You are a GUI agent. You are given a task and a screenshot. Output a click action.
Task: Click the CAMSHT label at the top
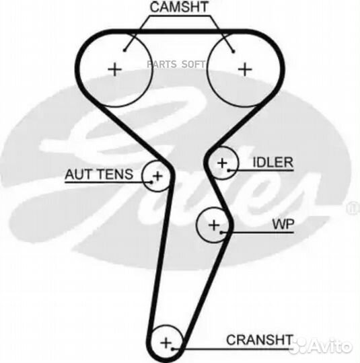pos(179,7)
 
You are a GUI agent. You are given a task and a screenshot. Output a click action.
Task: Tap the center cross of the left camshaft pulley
pos(115,69)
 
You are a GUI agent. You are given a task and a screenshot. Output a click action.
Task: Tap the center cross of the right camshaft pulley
pos(245,69)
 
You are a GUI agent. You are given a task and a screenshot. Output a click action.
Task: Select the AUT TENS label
pos(99,174)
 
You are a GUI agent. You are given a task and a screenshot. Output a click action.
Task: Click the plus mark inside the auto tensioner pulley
pos(157,176)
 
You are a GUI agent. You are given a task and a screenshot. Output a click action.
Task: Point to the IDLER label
pos(273,162)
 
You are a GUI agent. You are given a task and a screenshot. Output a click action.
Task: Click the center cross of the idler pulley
pos(222,163)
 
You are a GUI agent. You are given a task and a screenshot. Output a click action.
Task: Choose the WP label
pos(283,224)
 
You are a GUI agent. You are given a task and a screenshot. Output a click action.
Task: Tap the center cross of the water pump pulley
pos(214,225)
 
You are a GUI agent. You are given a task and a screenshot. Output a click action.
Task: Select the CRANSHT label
pos(259,339)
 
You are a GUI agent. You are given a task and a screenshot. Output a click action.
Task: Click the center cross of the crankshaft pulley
pos(166,343)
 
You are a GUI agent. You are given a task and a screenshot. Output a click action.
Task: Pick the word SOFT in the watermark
pos(193,65)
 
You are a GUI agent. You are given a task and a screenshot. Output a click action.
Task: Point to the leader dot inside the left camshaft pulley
pos(124,50)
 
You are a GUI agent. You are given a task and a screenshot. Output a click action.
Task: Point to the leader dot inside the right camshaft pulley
pos(233,51)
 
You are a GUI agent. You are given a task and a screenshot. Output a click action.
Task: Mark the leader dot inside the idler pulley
pos(229,170)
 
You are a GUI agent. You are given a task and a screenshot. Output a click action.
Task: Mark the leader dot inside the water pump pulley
pos(221,232)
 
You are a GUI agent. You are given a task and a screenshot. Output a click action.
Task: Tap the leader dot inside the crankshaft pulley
pos(172,349)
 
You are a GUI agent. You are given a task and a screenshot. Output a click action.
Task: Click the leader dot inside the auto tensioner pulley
pos(152,182)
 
